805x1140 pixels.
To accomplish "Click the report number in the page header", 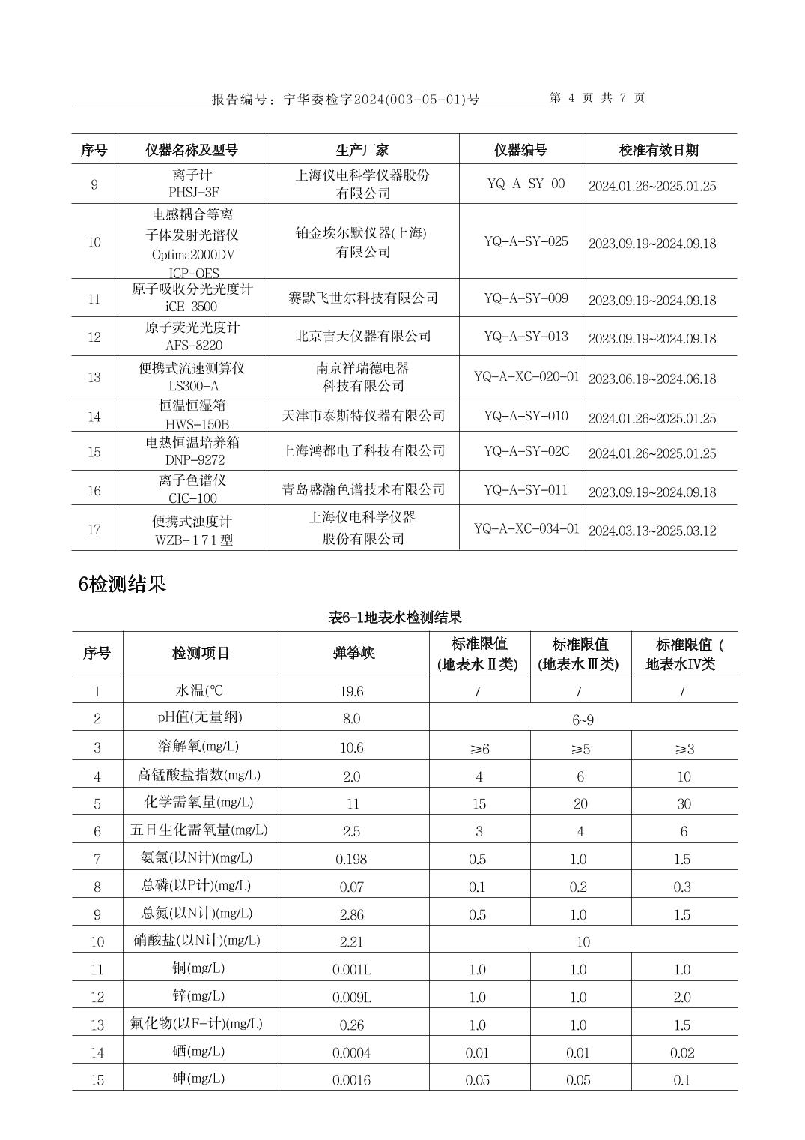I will coord(345,99).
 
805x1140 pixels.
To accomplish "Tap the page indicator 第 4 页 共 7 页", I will coord(597,98).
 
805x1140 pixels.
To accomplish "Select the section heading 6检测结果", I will coord(121,584).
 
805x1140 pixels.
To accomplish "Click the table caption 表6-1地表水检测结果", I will coord(395,618).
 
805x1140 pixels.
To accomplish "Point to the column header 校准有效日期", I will coord(658,150).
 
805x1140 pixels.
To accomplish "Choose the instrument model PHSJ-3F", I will coord(193,193).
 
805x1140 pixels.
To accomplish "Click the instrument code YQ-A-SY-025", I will coord(526,241).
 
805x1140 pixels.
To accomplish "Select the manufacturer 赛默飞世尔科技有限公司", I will coord(363,298).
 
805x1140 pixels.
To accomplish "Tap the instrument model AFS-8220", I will coord(193,346).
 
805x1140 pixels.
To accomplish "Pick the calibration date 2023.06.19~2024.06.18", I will coord(651,379).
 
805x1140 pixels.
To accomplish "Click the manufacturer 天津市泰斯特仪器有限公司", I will coord(363,416).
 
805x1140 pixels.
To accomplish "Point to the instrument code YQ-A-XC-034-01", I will coord(526,529).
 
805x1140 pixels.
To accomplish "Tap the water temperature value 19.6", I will coord(351,691).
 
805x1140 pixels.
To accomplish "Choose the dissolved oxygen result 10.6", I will coord(351,748).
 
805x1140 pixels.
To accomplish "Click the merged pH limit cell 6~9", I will coord(583,720).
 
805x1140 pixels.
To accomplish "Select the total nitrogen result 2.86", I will coord(351,914).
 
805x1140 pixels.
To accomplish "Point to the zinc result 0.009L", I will coord(351,998).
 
